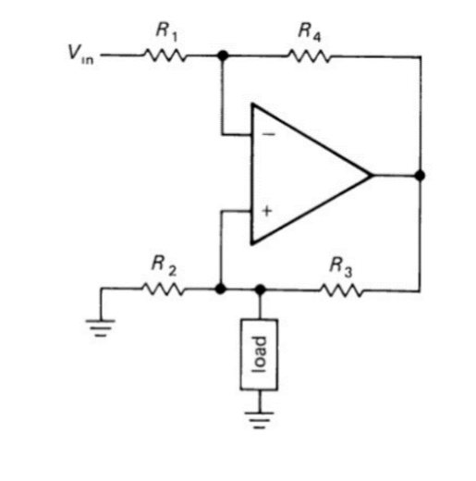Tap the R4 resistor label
(306, 31)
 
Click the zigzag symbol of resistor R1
(165, 55)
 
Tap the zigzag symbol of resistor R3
(342, 289)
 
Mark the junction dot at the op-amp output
(421, 175)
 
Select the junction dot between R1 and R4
(222, 55)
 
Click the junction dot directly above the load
(260, 289)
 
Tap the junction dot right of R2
(220, 289)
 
